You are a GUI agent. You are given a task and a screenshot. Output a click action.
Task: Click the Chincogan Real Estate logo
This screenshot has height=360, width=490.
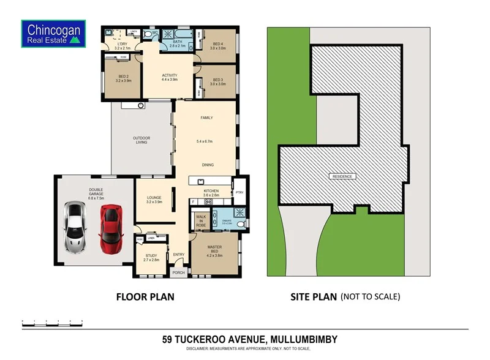[53, 34]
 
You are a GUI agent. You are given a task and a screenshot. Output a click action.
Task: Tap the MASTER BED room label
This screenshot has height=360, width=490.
[214, 247]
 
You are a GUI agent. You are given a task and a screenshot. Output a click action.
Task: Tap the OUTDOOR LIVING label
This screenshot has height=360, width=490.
[141, 140]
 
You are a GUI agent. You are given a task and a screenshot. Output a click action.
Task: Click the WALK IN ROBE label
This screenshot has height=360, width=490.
[200, 221]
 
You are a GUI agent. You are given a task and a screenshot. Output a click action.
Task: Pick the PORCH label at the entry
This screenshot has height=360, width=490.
[179, 273]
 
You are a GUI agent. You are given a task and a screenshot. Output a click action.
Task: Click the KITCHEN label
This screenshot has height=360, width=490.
[211, 192]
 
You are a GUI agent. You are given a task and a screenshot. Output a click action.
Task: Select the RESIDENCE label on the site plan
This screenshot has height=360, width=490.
[342, 176]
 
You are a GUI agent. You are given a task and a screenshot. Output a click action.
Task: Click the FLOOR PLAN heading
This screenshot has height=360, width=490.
[145, 297]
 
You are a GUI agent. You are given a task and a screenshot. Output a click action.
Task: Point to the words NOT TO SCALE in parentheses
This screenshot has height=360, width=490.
[370, 297]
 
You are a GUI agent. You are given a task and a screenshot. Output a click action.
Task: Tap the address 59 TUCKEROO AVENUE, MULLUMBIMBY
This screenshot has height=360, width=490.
[249, 339]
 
